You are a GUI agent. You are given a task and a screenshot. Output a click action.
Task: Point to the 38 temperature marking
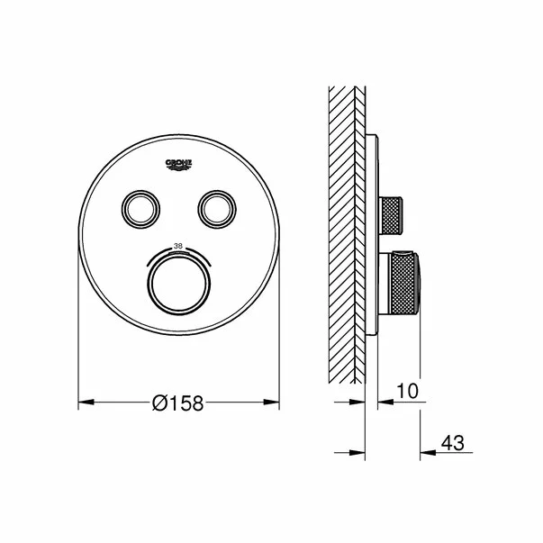click(x=178, y=247)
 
